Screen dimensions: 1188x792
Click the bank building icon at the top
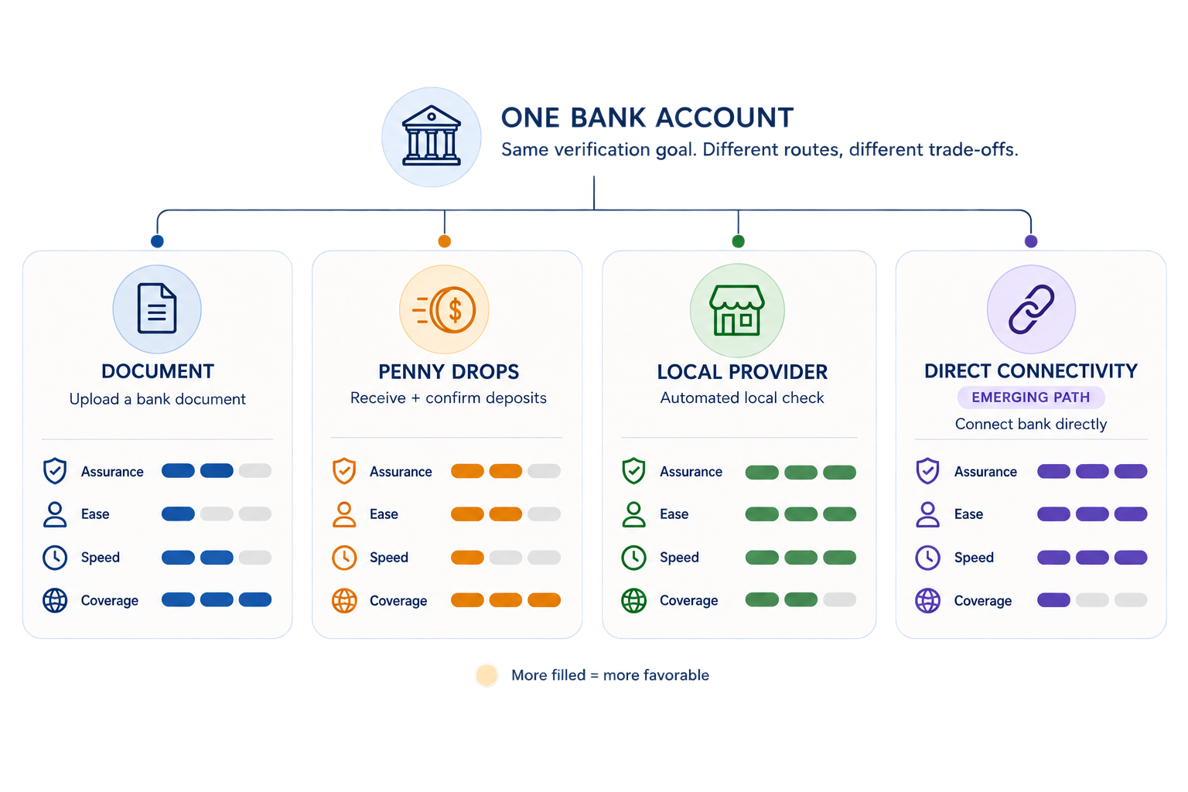tap(431, 136)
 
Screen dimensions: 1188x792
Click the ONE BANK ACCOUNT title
tap(647, 118)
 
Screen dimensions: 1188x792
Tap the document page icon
tap(156, 308)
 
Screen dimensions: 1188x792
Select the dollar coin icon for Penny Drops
tap(445, 309)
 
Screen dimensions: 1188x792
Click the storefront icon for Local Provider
tap(736, 310)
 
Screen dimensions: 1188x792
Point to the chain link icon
tap(1031, 309)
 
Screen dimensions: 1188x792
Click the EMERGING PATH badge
tap(1030, 398)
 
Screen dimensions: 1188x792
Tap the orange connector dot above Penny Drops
tap(445, 241)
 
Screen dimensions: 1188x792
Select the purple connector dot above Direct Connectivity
tap(1031, 241)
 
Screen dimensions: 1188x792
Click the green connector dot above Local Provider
tap(739, 241)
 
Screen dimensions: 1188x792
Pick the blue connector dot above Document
tap(157, 241)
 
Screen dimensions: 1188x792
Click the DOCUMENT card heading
tap(158, 371)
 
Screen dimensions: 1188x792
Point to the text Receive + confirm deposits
tap(448, 398)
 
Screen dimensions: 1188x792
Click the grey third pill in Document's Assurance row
tap(255, 470)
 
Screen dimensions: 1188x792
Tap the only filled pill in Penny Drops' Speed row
tap(467, 558)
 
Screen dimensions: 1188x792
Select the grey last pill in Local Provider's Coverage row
tap(839, 599)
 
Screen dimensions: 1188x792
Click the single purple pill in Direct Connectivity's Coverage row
tap(1053, 600)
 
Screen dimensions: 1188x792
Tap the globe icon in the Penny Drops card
tap(344, 600)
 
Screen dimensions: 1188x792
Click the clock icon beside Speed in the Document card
tap(55, 558)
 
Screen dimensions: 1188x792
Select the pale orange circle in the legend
tap(486, 675)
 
